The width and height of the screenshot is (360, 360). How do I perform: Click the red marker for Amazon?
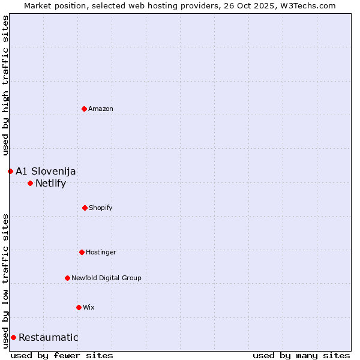pos(84,109)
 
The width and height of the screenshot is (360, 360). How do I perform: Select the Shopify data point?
pos(85,208)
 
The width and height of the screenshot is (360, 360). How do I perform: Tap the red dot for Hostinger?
pos(82,252)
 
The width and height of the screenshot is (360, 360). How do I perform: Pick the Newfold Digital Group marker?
pos(67,278)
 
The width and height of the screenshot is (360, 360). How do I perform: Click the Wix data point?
pos(79,307)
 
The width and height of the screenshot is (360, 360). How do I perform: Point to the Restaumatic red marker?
pos(13,337)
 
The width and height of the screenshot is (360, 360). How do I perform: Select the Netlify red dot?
pos(30,183)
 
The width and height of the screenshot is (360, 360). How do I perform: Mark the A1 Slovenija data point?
pos(10,171)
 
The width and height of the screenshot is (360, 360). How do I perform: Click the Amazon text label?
pos(101,109)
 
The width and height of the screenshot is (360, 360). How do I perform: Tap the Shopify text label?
pos(101,208)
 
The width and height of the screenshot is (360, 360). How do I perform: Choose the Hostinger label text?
pos(101,252)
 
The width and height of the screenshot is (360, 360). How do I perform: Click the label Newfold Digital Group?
pos(106,278)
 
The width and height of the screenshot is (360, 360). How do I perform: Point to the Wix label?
pos(89,307)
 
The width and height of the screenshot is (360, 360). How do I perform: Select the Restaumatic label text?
pos(49,337)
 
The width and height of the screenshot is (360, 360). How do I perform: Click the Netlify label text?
pos(51,183)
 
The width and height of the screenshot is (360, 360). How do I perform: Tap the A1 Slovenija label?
pos(46,171)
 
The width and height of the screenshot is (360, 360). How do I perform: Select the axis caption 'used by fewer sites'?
pos(62,355)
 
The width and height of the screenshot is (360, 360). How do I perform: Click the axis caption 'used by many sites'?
pos(301,355)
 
